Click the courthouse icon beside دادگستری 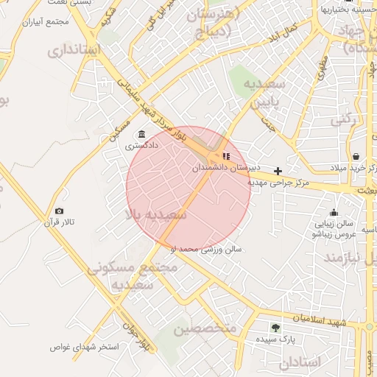141,134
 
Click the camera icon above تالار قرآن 59,211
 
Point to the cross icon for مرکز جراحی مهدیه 278,171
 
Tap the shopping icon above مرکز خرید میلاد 356,156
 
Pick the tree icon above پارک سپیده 275,328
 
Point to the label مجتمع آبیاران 45,22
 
